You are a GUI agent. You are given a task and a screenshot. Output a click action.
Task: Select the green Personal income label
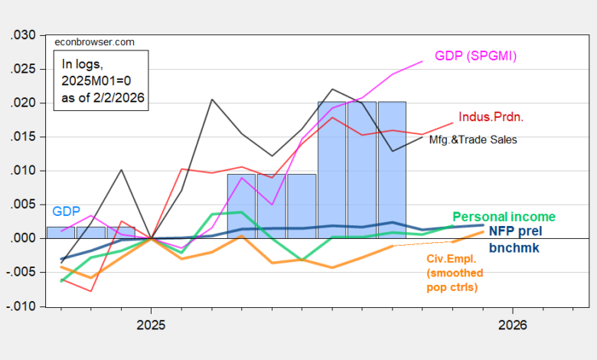click(504, 218)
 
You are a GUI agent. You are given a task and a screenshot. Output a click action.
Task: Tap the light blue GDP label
click(65, 211)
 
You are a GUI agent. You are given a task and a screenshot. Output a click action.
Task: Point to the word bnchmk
click(514, 247)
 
